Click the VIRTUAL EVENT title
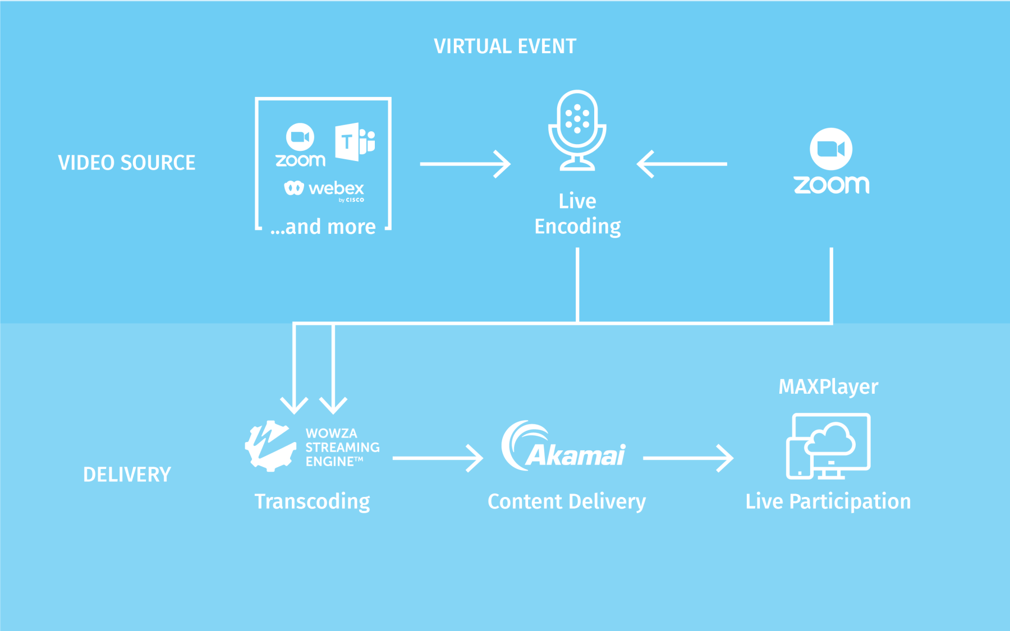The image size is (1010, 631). tap(505, 46)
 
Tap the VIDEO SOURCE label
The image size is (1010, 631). tap(127, 163)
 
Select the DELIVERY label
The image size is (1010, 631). tap(127, 475)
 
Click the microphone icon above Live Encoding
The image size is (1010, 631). tap(577, 130)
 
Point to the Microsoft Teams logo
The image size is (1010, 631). tap(355, 141)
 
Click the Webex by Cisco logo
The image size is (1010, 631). tap(324, 190)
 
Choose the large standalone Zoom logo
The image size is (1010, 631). tap(831, 162)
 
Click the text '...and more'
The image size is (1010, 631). tap(323, 227)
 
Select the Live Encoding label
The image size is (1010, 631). tap(577, 214)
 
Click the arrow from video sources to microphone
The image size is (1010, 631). tap(465, 164)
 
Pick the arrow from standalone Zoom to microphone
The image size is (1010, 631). tap(682, 164)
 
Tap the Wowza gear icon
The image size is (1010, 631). tap(270, 446)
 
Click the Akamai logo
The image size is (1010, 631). tap(563, 447)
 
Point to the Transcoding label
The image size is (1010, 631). tap(312, 501)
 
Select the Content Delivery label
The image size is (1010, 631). tap(567, 501)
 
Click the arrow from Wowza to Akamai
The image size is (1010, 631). tap(438, 458)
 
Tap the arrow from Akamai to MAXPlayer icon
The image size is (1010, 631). tap(688, 458)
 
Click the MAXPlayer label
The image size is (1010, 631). tap(828, 387)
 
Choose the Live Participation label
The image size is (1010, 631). tap(828, 501)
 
